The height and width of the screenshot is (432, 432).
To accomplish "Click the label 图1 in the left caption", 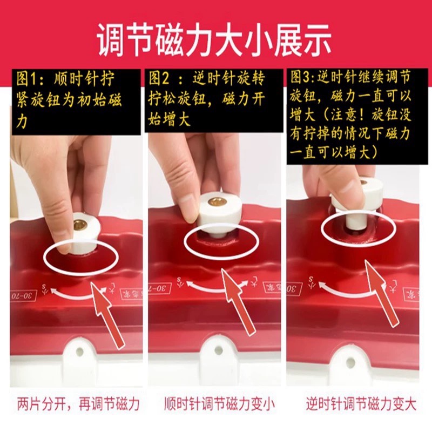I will [31, 79].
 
